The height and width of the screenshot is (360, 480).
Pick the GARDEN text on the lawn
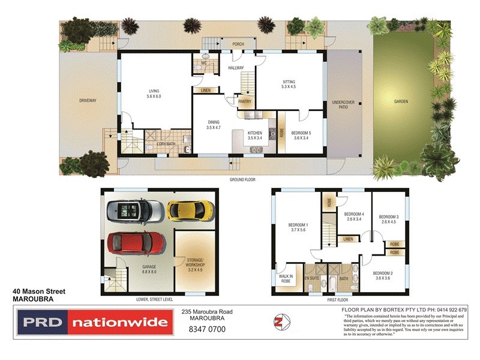pos(401,101)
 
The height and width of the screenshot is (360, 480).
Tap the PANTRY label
pos(244,101)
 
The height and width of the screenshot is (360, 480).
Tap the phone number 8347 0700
pos(206,329)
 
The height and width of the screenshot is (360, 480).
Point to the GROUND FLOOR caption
pos(242,179)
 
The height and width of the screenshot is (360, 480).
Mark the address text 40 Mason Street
pos(39,292)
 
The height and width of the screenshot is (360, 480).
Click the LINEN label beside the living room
pos(206,90)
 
